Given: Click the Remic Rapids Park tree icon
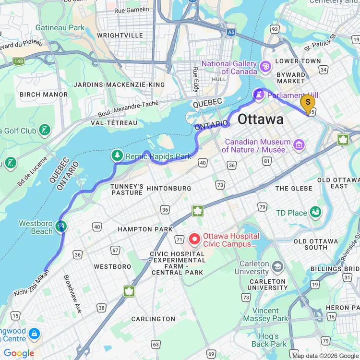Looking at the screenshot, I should click(x=117, y=156).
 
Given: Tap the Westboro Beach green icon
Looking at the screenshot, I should click(x=61, y=226).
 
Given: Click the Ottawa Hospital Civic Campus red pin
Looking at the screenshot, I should click(x=195, y=238).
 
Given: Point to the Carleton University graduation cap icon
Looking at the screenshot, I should click(x=277, y=266).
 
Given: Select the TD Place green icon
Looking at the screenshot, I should click(x=315, y=212).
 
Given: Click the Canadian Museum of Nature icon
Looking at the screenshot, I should click(x=300, y=144).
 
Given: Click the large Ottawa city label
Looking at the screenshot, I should click(x=261, y=119).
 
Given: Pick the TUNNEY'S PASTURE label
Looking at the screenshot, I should click(x=127, y=189).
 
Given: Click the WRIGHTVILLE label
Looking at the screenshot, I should click(x=120, y=36).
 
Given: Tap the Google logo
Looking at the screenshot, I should click(x=19, y=353).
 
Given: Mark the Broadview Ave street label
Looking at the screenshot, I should click(x=72, y=294).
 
